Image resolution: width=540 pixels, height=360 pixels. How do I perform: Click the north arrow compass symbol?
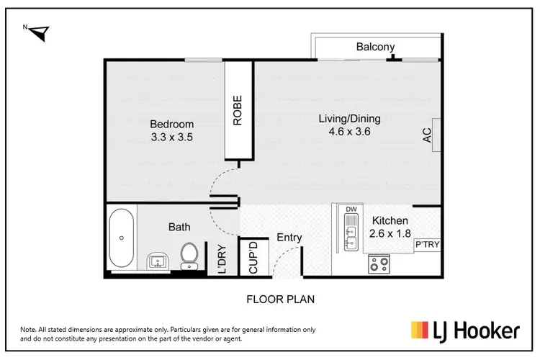(x=38, y=31)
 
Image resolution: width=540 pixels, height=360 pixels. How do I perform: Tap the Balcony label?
(x=375, y=48)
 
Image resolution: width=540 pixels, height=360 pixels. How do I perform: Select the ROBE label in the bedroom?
(x=238, y=111)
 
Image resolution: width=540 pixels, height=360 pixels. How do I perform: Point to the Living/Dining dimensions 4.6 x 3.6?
(x=349, y=131)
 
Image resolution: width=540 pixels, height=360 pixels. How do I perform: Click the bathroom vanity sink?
(x=157, y=261)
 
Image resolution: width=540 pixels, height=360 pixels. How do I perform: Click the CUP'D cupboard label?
(x=253, y=257)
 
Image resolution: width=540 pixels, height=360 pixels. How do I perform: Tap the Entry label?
(x=289, y=238)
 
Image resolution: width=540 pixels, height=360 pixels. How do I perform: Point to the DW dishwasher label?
(x=351, y=210)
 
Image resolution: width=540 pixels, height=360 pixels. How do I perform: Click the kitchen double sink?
(x=350, y=235)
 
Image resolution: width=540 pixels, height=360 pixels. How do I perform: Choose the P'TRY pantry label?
(x=426, y=246)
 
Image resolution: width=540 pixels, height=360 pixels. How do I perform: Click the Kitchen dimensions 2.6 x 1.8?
(x=390, y=233)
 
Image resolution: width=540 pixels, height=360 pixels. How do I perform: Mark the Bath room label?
(x=179, y=227)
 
